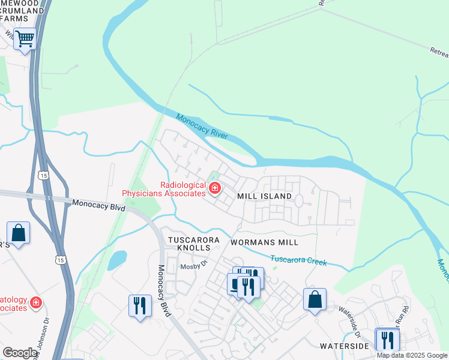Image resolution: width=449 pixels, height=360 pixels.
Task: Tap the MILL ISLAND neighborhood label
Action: (264, 196)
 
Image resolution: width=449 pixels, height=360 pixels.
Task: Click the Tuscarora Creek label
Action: (298, 261)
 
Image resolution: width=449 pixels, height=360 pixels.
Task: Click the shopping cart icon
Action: (25, 39)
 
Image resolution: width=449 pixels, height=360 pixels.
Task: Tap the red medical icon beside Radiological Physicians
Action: (214, 189)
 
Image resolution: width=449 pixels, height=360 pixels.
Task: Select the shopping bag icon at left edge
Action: (18, 233)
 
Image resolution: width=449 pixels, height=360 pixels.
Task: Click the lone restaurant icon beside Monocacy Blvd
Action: (139, 306)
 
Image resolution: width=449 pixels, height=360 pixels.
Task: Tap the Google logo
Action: (20, 353)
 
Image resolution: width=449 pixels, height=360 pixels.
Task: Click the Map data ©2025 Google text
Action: (412, 355)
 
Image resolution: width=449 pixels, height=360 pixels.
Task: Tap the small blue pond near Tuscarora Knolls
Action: (116, 260)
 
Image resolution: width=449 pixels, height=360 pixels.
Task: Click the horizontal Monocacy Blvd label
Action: (98, 205)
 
